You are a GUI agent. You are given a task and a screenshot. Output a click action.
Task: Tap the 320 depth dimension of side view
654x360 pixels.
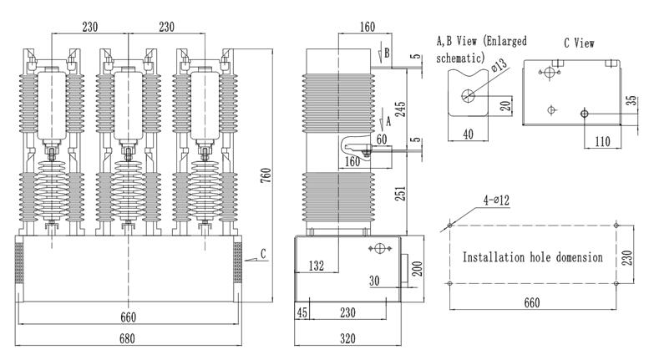348,339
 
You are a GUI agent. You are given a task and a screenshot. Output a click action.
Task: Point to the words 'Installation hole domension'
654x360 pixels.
532,257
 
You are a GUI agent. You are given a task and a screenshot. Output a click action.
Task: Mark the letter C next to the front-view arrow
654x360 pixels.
264,253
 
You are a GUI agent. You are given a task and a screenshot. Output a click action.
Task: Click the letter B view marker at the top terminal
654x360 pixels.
386,52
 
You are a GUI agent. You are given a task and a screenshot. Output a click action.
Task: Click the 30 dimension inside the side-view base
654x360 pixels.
374,281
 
